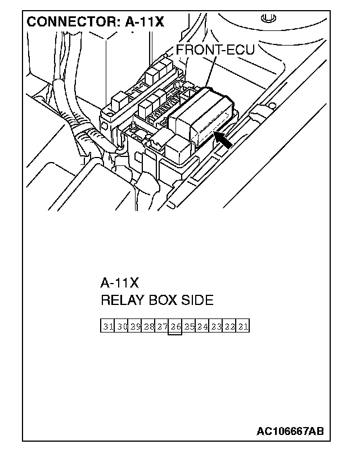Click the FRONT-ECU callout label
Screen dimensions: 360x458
coord(215,50)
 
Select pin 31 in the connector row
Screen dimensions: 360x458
coord(108,326)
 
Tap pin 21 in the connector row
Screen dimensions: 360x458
coord(243,326)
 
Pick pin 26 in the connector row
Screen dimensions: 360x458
coord(175,326)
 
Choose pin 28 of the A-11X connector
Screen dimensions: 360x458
coord(148,326)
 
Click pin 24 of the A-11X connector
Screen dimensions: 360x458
coord(202,326)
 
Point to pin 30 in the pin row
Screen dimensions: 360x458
coord(121,326)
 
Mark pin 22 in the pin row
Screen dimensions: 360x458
coord(229,326)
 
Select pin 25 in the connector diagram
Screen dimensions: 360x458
coord(189,326)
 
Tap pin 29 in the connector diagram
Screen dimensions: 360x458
coord(135,326)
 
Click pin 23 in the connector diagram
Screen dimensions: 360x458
coord(216,326)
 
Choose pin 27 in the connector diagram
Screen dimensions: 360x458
coord(162,326)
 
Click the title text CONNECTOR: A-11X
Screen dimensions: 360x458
coord(95,22)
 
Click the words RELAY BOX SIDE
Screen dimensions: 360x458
coord(157,300)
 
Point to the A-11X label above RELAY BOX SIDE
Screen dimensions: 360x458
coord(119,282)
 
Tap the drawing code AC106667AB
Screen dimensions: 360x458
coord(290,432)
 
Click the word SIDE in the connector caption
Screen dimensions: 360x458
coord(197,300)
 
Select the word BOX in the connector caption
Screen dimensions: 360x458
coord(162,300)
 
